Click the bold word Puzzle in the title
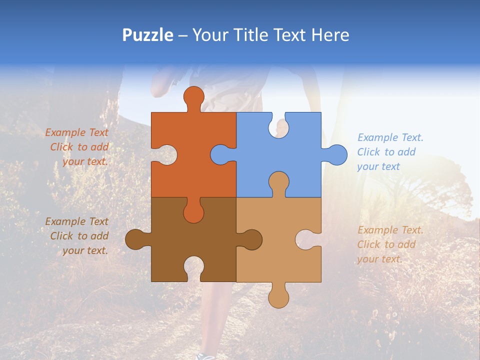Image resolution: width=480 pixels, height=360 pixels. coord(148,35)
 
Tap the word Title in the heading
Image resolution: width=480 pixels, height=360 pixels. coord(250,35)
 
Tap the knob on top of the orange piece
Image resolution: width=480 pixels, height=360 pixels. coord(194,97)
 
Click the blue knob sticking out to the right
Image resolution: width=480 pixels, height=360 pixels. coord(336,154)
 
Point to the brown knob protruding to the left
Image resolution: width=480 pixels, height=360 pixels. coord(135,239)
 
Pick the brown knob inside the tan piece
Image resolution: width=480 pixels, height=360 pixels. coord(251,239)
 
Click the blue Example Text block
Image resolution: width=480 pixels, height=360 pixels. coord(390,152)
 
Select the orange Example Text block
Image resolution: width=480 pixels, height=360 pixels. coord(77,147)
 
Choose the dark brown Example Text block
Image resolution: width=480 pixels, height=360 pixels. coord(77,236)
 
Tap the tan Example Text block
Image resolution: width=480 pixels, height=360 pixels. coord(390,244)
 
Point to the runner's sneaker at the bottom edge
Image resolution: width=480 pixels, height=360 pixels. coord(205,356)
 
